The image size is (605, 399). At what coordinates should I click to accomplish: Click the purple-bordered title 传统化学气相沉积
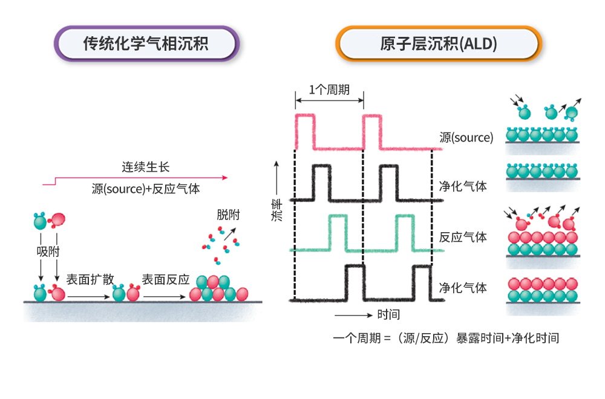(146, 44)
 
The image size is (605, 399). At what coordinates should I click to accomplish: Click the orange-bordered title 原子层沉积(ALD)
(439, 44)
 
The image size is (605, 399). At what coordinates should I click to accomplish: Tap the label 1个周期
(329, 90)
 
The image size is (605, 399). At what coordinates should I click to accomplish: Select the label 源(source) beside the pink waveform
(466, 137)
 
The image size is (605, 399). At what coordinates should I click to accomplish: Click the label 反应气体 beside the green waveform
(463, 236)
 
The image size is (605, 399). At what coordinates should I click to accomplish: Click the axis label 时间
(388, 315)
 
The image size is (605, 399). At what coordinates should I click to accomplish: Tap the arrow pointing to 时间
(352, 315)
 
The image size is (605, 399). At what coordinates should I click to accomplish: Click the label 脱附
(228, 214)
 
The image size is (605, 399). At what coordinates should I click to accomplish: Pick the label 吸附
(48, 251)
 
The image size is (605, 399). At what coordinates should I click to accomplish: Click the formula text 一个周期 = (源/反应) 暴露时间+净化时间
(446, 337)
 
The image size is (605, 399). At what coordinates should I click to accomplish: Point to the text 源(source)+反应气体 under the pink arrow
(145, 189)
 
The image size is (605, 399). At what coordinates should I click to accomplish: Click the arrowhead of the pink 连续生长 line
(225, 178)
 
